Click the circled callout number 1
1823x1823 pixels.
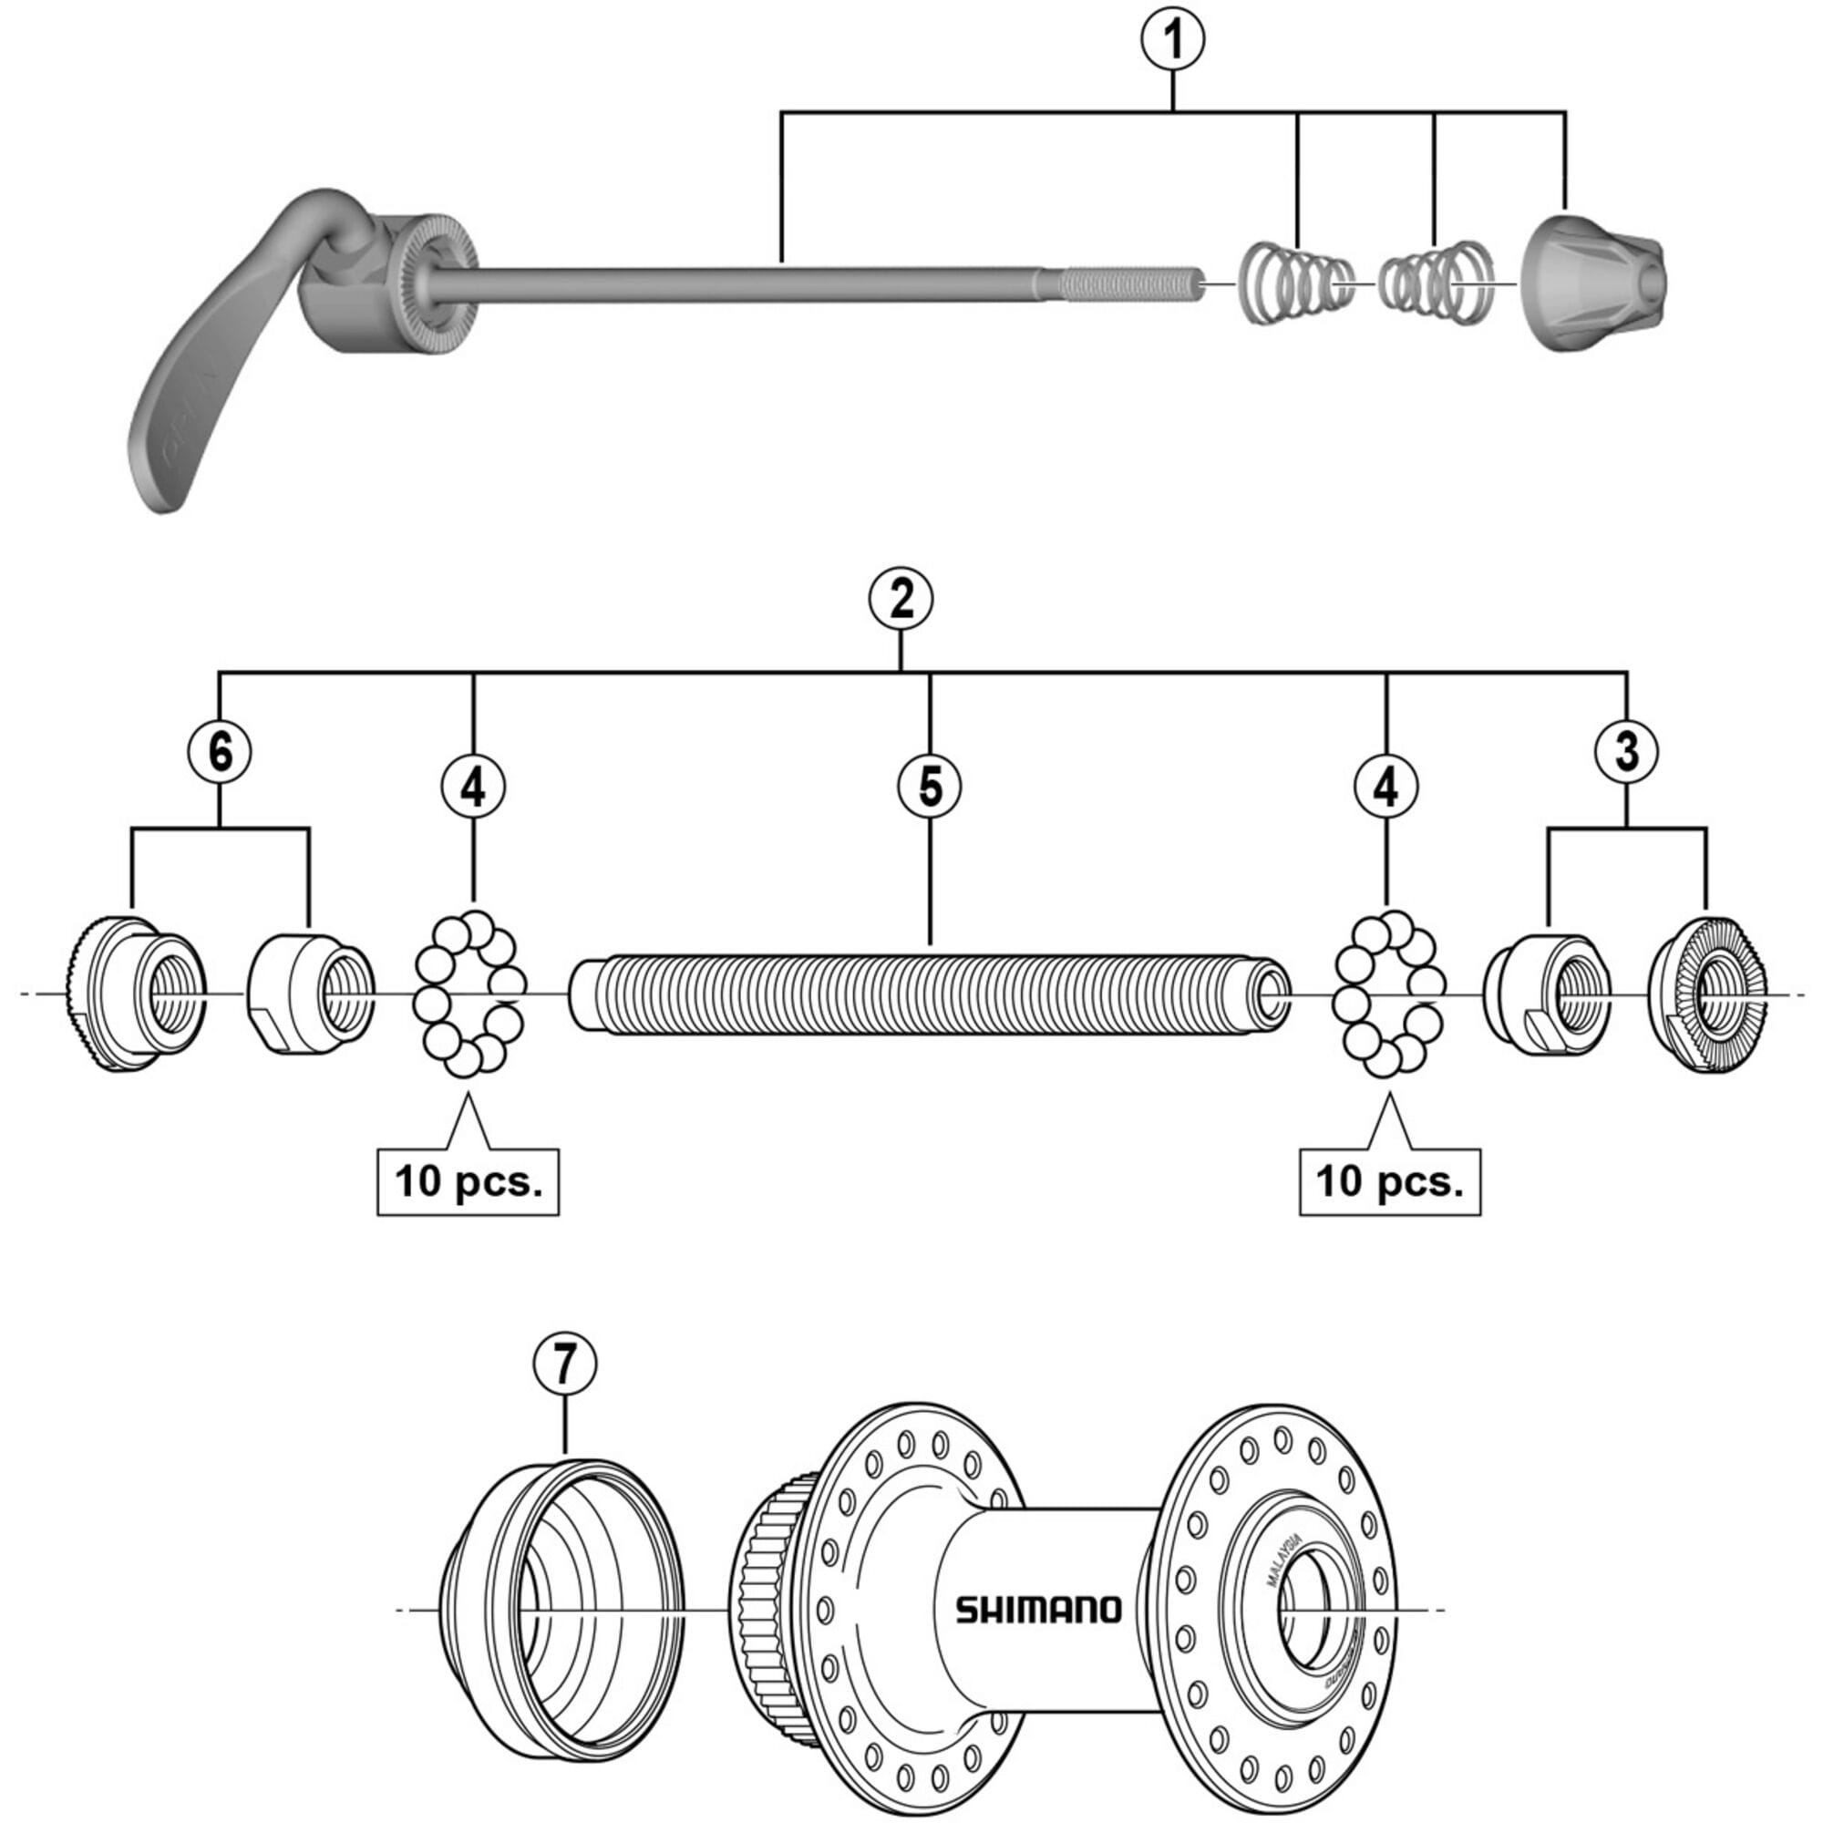coord(1173,41)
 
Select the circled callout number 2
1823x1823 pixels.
coord(901,600)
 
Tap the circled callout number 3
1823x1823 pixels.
coord(1627,752)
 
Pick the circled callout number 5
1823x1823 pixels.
coord(930,787)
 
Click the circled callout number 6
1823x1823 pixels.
coord(219,752)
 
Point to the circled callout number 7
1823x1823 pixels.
coord(565,1364)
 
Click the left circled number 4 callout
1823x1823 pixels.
coord(473,787)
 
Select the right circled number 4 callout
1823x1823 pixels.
coord(1385,787)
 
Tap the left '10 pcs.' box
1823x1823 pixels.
coord(468,1181)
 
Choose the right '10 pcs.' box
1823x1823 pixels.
coord(1389,1181)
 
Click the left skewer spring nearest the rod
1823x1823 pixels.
coord(1293,283)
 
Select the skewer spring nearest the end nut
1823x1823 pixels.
coord(1434,283)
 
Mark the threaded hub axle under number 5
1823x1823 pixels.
coord(930,995)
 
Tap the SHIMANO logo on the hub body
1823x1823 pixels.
coord(1039,1610)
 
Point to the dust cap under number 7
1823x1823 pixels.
coord(566,1609)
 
